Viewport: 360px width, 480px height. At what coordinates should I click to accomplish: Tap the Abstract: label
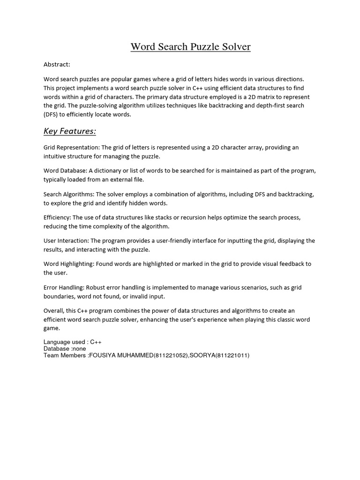(x=57, y=64)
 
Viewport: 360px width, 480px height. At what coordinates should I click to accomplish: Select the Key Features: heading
(x=70, y=131)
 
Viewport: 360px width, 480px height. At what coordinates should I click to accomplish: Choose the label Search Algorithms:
(x=69, y=194)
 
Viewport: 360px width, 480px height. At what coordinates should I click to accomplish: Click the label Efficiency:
(x=57, y=217)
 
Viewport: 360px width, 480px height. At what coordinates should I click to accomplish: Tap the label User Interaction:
(x=66, y=241)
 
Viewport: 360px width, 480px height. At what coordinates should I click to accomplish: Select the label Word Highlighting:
(x=68, y=264)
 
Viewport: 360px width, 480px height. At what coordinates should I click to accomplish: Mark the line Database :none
(x=65, y=349)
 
